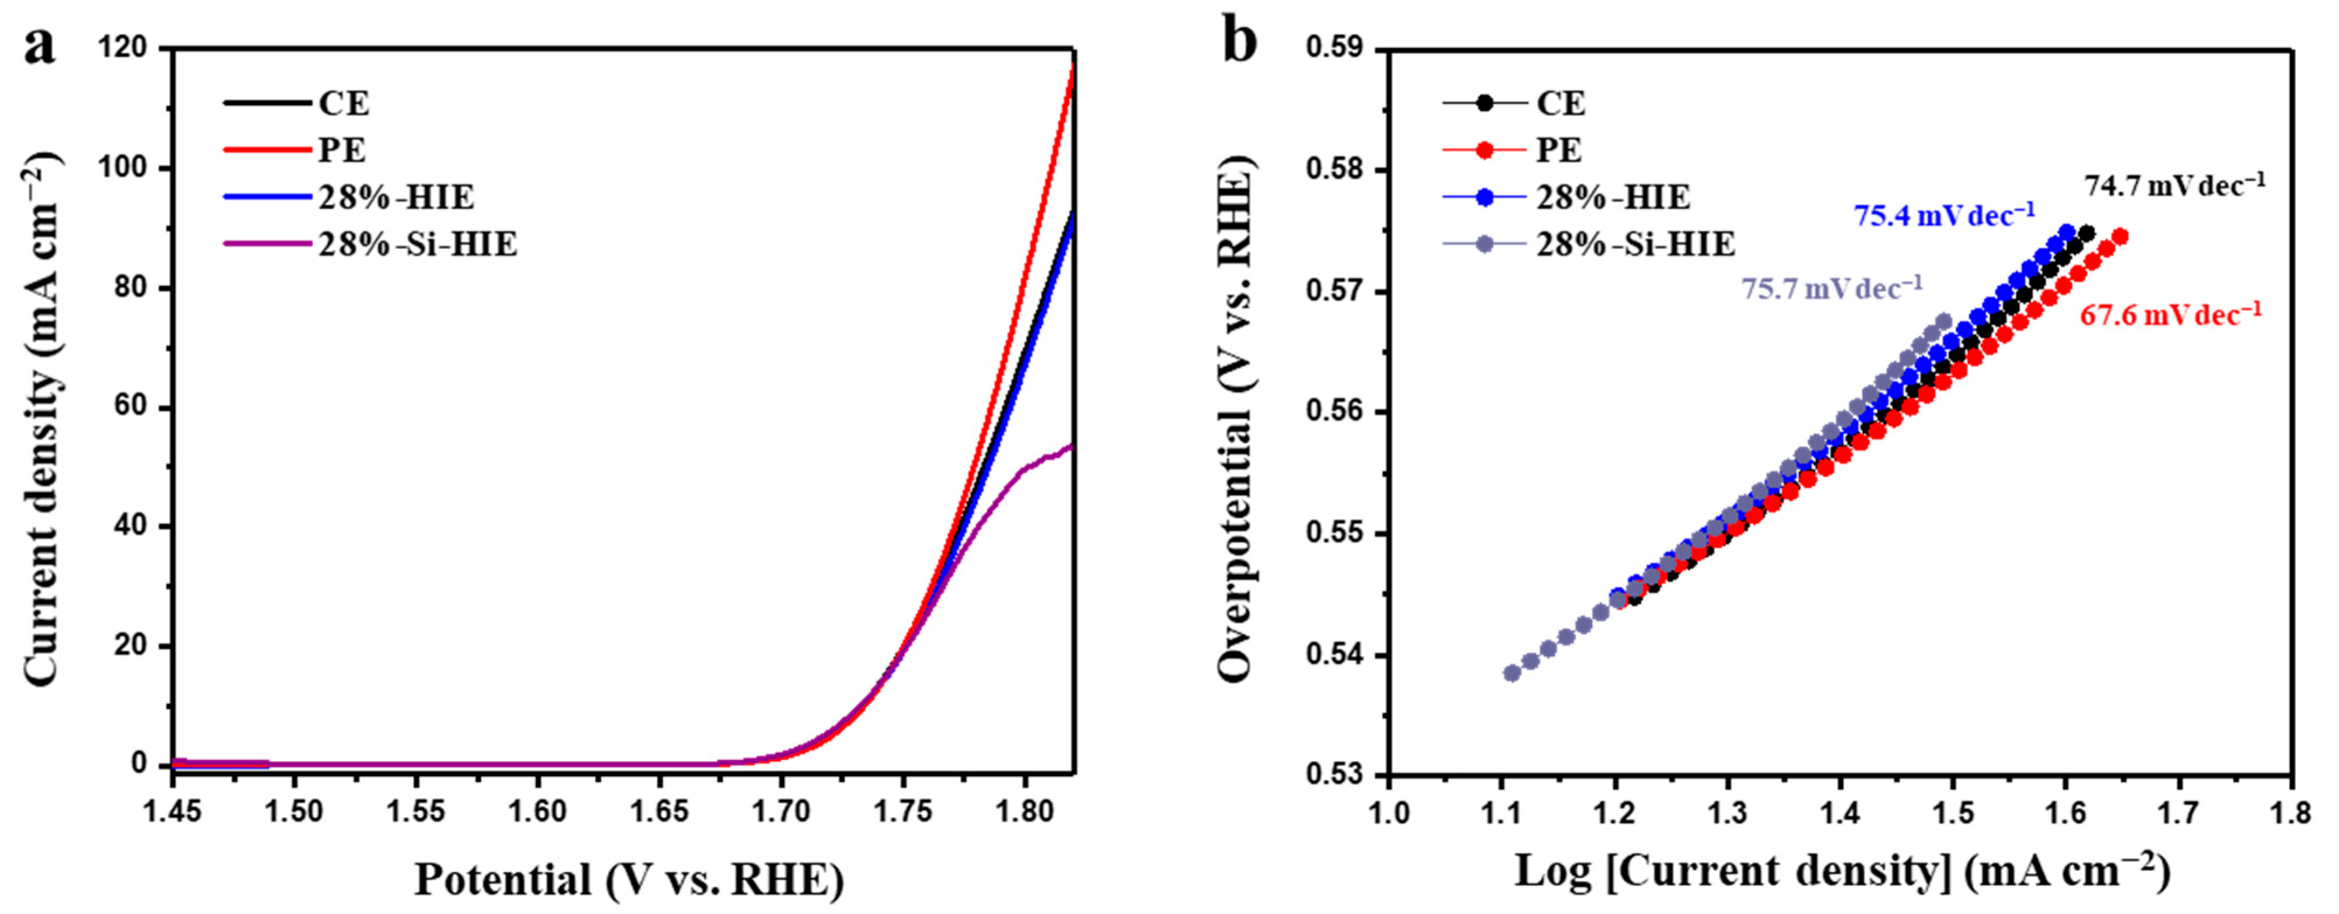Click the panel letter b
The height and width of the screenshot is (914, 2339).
tap(1239, 44)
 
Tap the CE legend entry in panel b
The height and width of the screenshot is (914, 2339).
tap(1560, 103)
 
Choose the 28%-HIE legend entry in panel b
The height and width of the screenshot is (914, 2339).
tap(1613, 197)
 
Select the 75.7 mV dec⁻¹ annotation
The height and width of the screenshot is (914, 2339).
tap(1831, 289)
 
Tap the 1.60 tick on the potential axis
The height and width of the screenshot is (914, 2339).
tap(537, 811)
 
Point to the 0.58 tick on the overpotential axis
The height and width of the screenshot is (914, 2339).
tap(1335, 171)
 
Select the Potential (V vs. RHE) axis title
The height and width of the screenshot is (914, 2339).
tap(630, 880)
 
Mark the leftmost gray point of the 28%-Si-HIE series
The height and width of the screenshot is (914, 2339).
tap(1512, 673)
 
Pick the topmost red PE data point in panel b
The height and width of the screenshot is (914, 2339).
tap(2120, 237)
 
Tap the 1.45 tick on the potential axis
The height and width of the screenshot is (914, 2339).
tap(173, 811)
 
